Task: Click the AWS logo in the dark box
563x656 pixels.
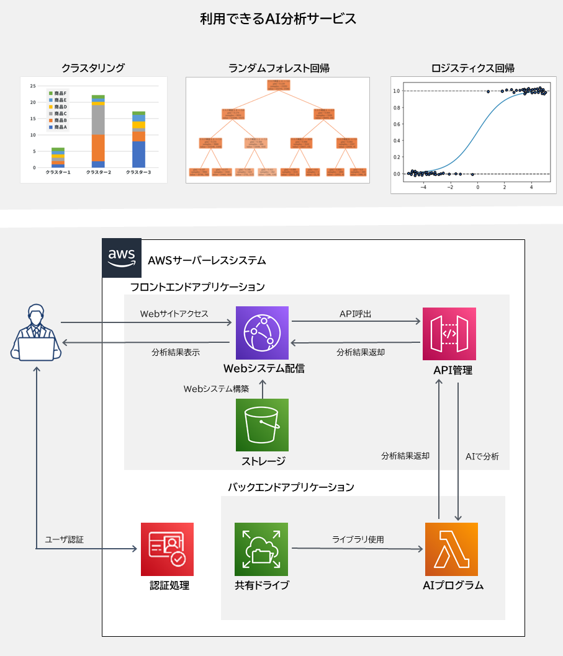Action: click(121, 257)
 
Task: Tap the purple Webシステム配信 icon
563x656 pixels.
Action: click(262, 333)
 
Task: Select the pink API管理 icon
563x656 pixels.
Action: click(449, 334)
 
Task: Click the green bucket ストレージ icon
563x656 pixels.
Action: click(262, 425)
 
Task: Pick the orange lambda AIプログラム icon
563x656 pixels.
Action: click(451, 549)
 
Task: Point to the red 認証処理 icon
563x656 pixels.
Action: click(167, 549)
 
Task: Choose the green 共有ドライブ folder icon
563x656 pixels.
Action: click(261, 549)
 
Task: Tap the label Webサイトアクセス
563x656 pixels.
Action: click(174, 314)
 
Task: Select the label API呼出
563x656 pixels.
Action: click(355, 314)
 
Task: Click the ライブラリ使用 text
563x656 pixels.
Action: click(358, 539)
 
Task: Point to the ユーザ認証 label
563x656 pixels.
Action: click(64, 539)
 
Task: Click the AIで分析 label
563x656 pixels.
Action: click(482, 456)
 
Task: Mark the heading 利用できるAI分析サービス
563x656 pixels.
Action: click(278, 19)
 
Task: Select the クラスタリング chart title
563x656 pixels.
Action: click(93, 68)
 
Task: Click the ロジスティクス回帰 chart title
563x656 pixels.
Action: click(472, 68)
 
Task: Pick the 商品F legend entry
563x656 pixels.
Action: click(58, 93)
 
